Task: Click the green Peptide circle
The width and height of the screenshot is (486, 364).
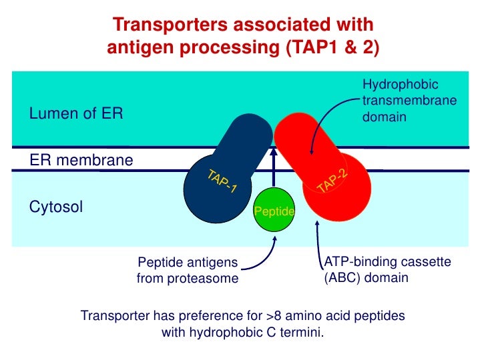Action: [x=274, y=211]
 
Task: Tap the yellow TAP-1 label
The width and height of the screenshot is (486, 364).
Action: [x=222, y=181]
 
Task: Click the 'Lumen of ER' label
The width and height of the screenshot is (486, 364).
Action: [x=77, y=114]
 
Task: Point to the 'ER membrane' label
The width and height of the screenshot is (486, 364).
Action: [x=81, y=161]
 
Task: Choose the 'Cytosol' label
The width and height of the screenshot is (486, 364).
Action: [x=56, y=207]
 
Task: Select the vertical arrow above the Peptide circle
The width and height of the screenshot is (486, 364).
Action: [x=273, y=170]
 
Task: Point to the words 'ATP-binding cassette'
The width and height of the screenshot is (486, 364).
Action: [x=387, y=263]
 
